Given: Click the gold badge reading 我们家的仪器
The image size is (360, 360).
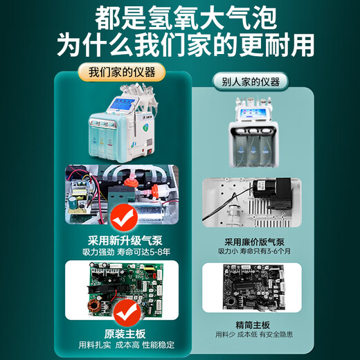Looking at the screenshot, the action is pyautogui.click(x=122, y=73).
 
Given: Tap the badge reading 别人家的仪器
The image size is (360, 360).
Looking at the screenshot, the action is pyautogui.click(x=251, y=82).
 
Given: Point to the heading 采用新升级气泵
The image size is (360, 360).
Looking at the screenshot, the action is pyautogui.click(x=125, y=240).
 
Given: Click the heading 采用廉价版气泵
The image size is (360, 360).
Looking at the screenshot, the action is pyautogui.click(x=254, y=242).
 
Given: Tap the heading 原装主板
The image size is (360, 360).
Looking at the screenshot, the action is pyautogui.click(x=125, y=334).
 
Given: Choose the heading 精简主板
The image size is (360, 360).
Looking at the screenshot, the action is pyautogui.click(x=253, y=325).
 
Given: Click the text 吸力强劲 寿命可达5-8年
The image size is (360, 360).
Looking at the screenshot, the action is pyautogui.click(x=127, y=252).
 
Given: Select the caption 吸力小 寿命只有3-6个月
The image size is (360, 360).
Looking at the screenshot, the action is pyautogui.click(x=254, y=251).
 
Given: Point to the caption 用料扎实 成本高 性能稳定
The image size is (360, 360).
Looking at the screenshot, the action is pyautogui.click(x=127, y=345).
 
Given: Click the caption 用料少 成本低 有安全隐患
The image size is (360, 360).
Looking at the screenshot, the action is pyautogui.click(x=254, y=334).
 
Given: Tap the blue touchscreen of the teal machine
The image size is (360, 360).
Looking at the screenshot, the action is pyautogui.click(x=123, y=105).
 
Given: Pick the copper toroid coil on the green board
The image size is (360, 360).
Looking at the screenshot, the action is pyautogui.click(x=93, y=306).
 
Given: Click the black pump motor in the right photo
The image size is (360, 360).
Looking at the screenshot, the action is pyautogui.click(x=272, y=192).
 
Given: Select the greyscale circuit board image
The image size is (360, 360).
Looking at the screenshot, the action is pyautogui.click(x=253, y=287).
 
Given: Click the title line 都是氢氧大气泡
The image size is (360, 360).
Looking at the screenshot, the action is pyautogui.click(x=186, y=19).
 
